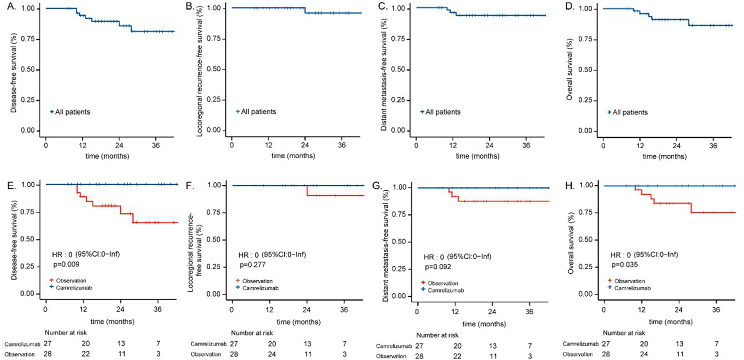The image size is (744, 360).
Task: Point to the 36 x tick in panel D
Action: (x=712, y=146)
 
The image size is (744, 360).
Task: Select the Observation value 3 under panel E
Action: (x=158, y=354)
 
